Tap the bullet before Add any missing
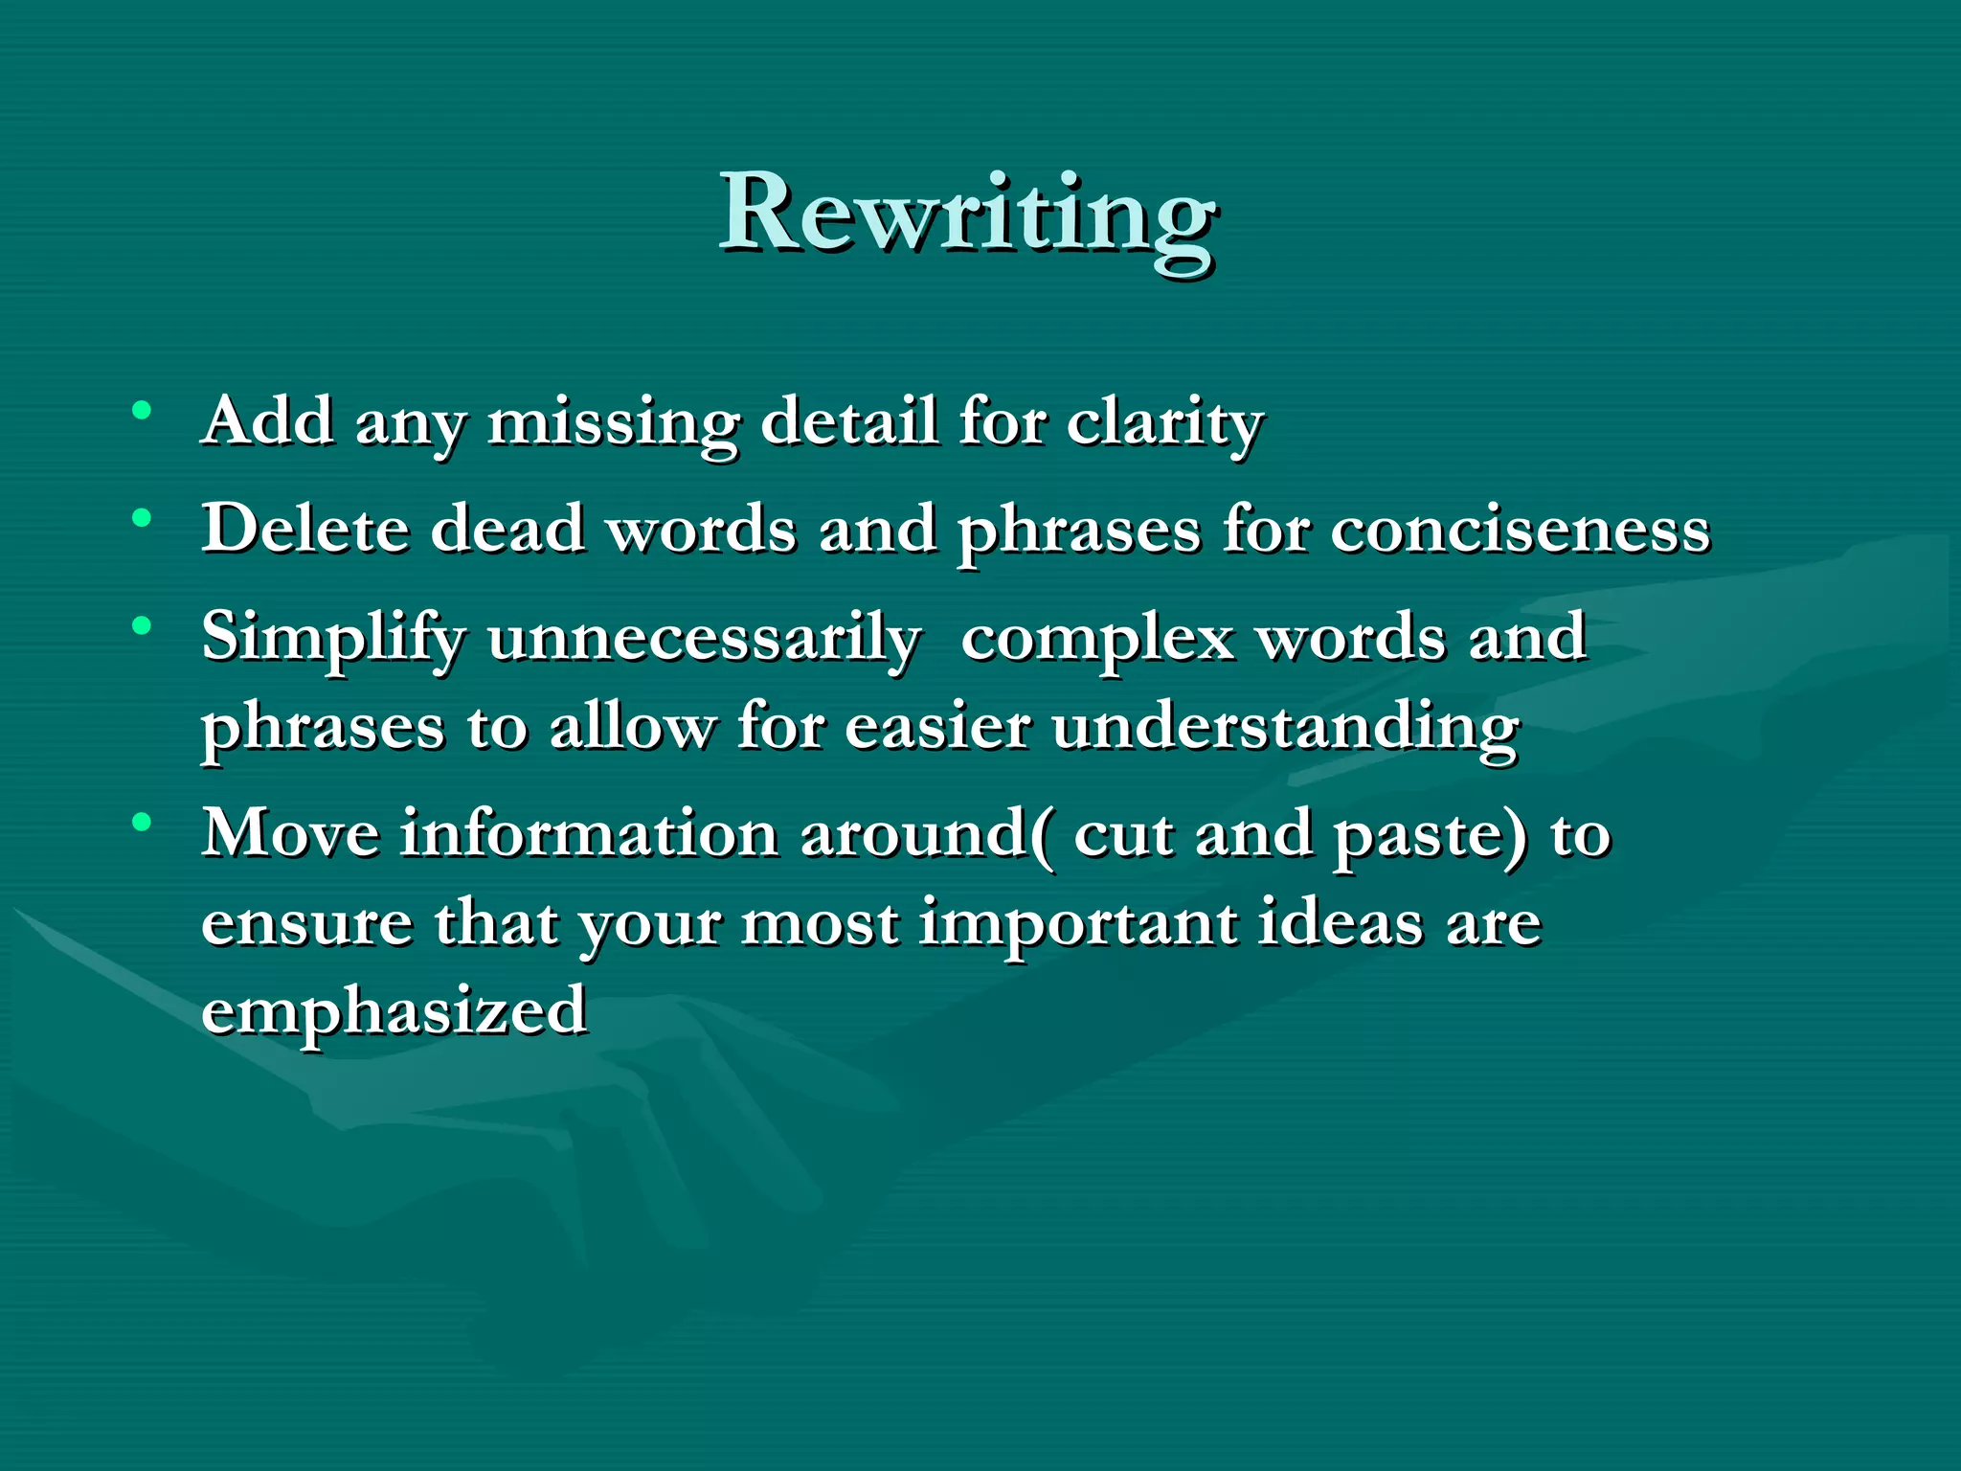click(142, 411)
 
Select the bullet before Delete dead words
click(142, 519)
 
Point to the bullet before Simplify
click(142, 627)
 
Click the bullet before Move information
click(142, 822)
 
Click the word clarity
click(1165, 422)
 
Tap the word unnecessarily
click(704, 639)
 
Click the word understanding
click(1285, 728)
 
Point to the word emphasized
click(394, 1011)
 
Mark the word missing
click(613, 422)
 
